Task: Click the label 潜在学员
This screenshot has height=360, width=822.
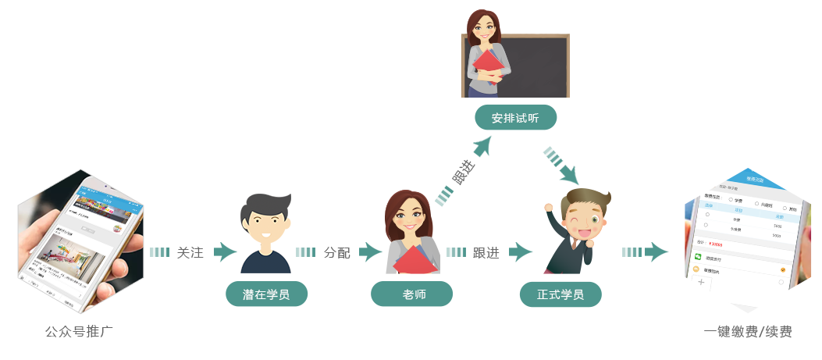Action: point(266,296)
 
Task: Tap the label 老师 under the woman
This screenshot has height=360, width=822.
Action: point(414,296)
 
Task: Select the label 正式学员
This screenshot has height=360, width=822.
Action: point(560,296)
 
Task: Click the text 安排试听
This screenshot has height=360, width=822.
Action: point(514,119)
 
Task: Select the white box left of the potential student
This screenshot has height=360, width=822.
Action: point(191,252)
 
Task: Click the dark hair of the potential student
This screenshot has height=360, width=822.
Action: point(265,207)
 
